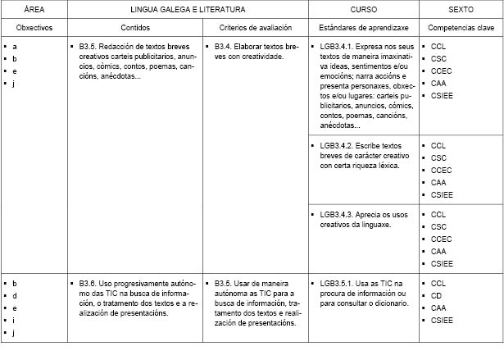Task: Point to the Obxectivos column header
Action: (34, 27)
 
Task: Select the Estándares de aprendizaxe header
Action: (363, 27)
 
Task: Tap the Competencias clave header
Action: (461, 27)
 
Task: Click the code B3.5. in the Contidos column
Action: (89, 48)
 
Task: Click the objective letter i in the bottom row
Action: (14, 320)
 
